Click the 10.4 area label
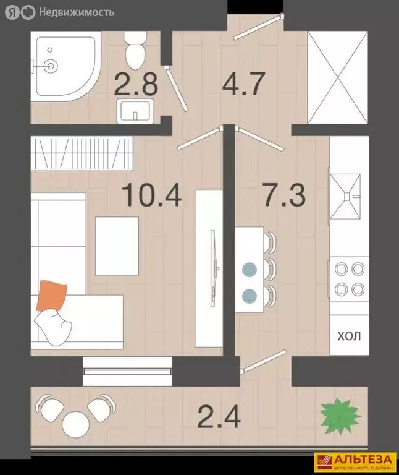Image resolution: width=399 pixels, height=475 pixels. pos(151,195)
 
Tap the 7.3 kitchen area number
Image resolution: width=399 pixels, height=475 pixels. pos(284,195)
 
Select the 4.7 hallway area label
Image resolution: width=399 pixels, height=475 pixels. pos(243,83)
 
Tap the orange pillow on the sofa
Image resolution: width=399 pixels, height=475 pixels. pos(52,296)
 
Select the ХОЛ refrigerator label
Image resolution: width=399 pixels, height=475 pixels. pos(349,336)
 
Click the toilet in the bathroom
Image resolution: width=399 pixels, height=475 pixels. pos(135,50)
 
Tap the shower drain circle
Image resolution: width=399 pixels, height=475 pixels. pos(50,65)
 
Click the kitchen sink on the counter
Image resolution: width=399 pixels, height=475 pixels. pos(345,196)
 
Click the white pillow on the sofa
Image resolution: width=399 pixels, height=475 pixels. pos(53,328)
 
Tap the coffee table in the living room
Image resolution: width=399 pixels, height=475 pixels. pos(117,246)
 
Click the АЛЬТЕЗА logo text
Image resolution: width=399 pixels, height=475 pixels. pos(363,460)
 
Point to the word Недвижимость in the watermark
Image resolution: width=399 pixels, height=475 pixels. pos(77,12)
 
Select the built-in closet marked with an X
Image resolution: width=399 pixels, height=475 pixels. pos(338,77)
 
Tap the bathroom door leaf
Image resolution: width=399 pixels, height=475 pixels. pos(177,89)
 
